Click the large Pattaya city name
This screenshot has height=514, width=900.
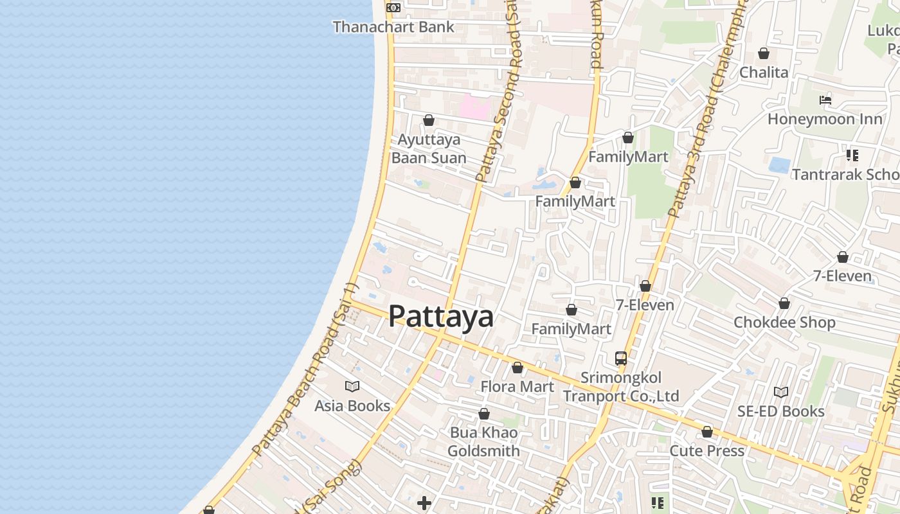[x=441, y=316]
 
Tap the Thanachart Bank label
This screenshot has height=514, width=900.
[x=393, y=27]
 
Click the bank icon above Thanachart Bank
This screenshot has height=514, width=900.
[x=393, y=8]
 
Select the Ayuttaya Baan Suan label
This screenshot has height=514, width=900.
[x=429, y=148]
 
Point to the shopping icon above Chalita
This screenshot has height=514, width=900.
[x=764, y=53]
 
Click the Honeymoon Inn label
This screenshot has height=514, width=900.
[x=816, y=119]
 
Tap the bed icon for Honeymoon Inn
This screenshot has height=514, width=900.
[x=825, y=100]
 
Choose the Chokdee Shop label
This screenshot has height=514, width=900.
[x=784, y=322]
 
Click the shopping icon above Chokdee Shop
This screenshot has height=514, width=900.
[x=784, y=303]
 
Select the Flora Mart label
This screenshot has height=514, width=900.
[x=517, y=386]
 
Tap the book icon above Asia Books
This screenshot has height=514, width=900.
[x=352, y=386]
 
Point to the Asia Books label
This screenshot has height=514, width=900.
[x=352, y=405]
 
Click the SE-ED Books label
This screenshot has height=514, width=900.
[x=781, y=411]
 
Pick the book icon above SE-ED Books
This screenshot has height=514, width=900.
[x=781, y=392]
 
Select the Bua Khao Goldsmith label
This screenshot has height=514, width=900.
[x=484, y=441]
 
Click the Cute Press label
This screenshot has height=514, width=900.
[x=707, y=450]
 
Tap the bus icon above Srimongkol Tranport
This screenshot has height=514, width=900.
[x=621, y=359]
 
